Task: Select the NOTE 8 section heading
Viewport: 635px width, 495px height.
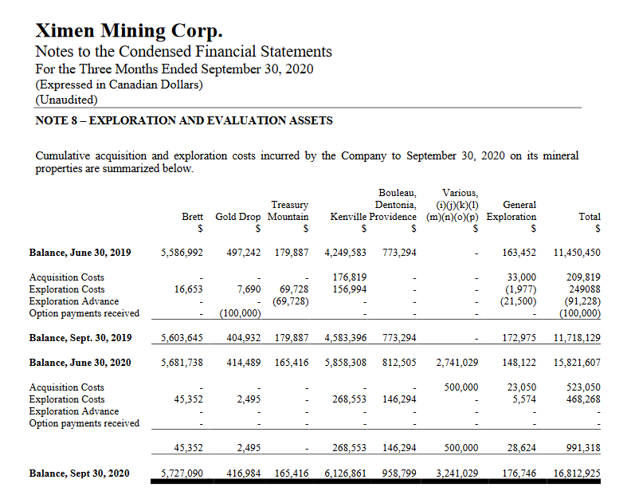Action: point(184,120)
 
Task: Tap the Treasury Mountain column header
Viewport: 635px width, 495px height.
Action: point(288,210)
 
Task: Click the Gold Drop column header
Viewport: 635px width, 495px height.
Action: point(239,217)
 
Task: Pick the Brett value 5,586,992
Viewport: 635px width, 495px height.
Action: point(182,253)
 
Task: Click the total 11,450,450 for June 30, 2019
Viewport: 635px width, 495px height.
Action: point(577,253)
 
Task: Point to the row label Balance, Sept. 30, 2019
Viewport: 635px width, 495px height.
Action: point(80,338)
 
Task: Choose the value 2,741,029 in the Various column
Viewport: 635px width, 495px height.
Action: point(457,363)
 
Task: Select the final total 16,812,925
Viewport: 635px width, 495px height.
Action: point(577,473)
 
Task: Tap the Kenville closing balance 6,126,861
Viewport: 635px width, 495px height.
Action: point(346,473)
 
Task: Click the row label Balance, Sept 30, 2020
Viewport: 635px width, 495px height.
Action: point(79,473)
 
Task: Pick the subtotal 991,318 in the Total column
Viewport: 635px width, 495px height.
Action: point(582,448)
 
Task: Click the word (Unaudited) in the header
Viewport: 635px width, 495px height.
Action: point(66,100)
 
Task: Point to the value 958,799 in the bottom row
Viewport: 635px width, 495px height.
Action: point(399,473)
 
